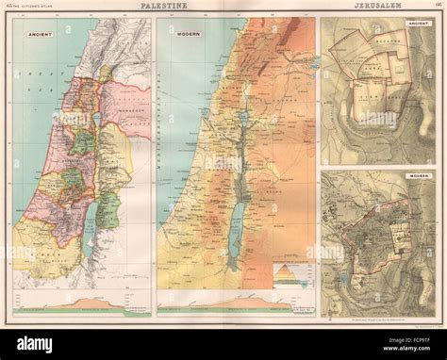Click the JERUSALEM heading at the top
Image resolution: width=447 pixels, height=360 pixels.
pyautogui.click(x=375, y=8)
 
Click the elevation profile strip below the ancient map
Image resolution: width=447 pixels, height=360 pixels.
pyautogui.click(x=82, y=302)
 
